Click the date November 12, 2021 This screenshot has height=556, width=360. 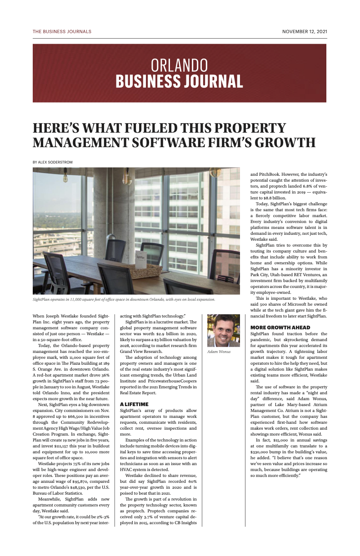coord(304,32)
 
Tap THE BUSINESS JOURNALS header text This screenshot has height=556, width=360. coord(62,32)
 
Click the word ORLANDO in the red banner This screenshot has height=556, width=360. coord(179,65)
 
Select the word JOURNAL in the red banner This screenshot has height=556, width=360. coord(212,82)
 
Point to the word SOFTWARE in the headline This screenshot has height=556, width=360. coord(178,143)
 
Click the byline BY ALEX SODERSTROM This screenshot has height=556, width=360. coord(52,162)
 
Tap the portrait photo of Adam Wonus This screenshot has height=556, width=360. coord(223,331)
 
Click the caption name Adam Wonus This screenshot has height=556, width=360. coord(219,352)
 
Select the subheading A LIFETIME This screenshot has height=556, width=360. coord(134,404)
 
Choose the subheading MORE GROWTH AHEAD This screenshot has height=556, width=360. coord(280,328)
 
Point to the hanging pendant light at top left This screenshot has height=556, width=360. coord(65,178)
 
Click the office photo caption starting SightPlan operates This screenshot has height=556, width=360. coord(124,299)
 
